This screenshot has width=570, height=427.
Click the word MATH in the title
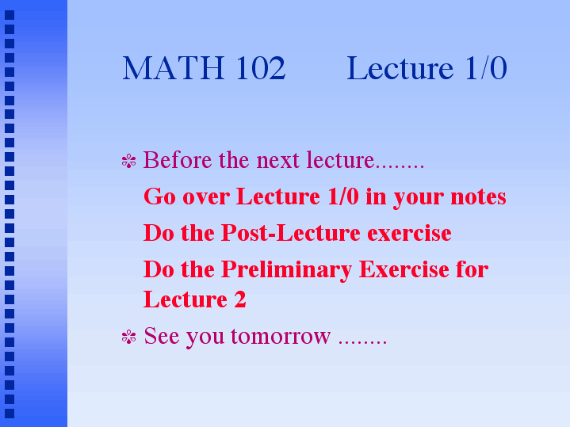(x=173, y=68)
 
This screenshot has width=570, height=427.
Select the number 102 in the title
(x=261, y=68)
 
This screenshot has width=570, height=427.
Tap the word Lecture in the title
(x=400, y=68)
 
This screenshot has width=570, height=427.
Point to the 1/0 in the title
(x=486, y=68)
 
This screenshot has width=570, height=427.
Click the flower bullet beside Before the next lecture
(x=128, y=161)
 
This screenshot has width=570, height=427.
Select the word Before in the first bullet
(x=178, y=160)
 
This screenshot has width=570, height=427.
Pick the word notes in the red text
(x=478, y=197)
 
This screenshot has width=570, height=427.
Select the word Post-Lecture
(x=291, y=233)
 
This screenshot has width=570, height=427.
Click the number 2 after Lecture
(x=240, y=299)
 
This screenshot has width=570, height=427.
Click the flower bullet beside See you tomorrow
(x=128, y=337)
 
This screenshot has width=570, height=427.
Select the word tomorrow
(x=281, y=336)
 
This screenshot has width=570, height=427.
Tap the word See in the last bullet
(x=162, y=335)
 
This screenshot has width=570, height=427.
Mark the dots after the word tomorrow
(x=362, y=342)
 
